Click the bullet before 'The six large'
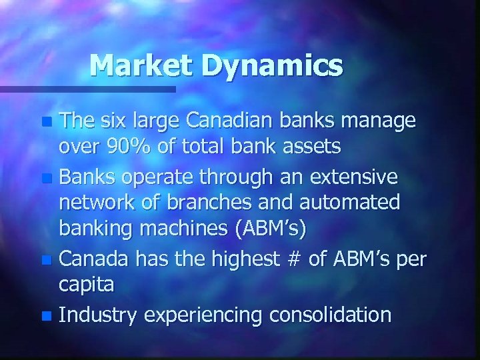(x=45, y=123)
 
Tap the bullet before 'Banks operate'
(x=45, y=179)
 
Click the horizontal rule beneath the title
(x=87, y=88)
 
